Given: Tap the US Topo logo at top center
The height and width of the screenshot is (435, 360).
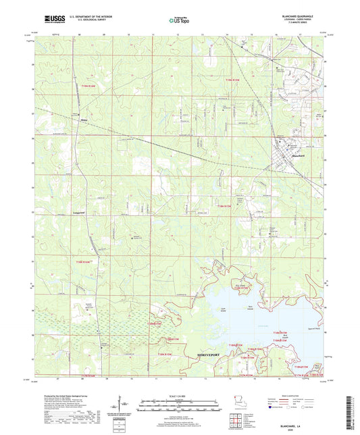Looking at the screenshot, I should coord(180,20).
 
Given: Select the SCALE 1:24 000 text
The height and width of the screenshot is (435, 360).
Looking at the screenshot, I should coord(180,395).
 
